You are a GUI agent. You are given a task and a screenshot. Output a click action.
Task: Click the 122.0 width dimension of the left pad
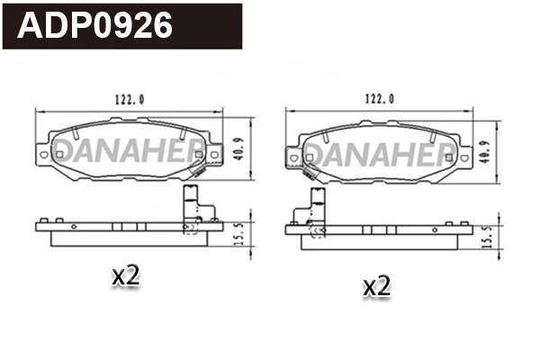(x=129, y=99)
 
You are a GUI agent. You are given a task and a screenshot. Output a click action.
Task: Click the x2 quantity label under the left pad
(x=125, y=277)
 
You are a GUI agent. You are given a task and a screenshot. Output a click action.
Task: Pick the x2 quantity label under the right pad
(x=376, y=287)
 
